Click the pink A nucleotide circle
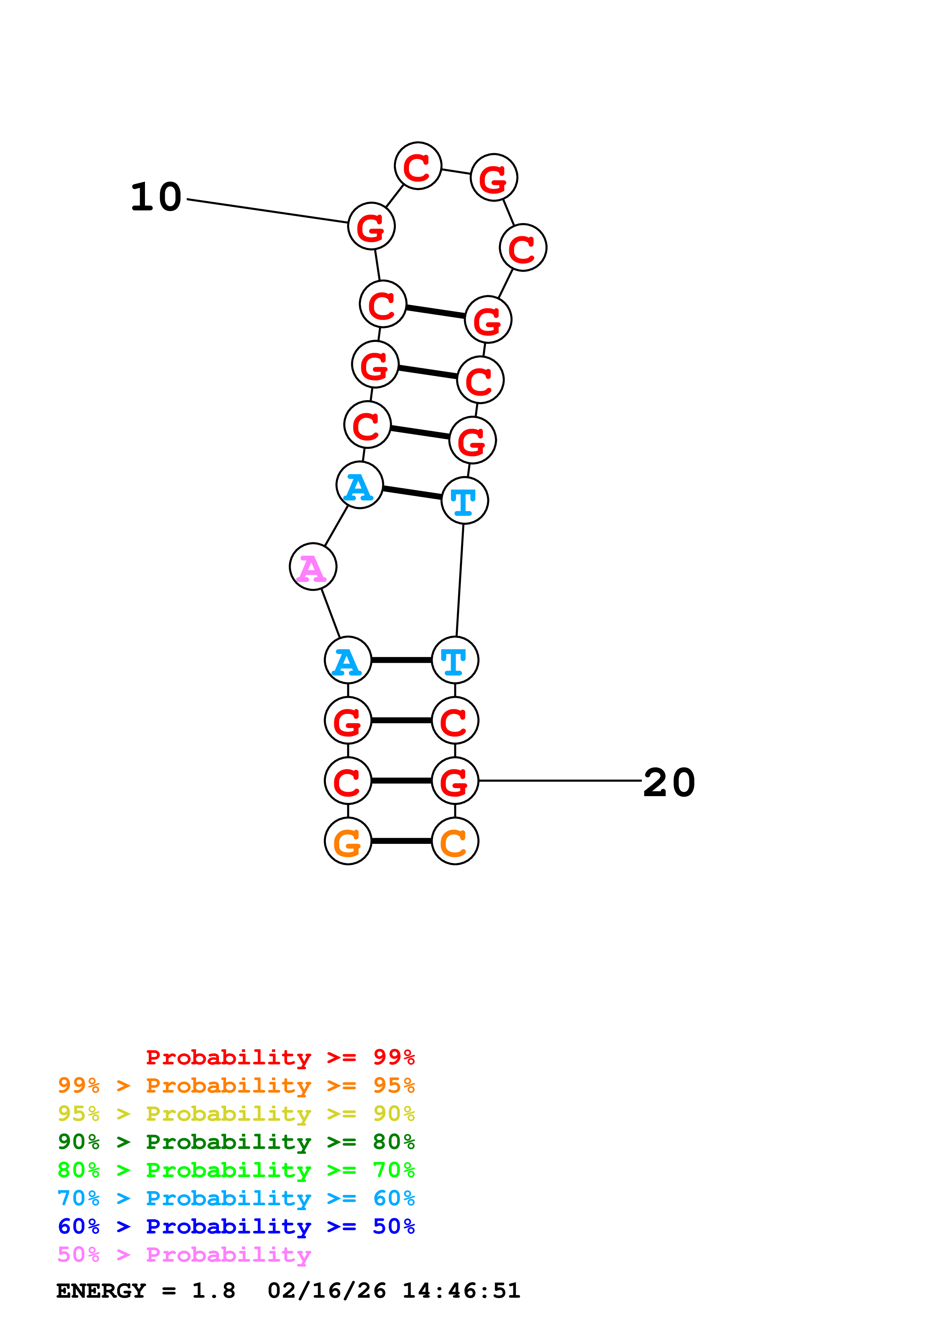pyautogui.click(x=312, y=567)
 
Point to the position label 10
pyautogui.click(x=156, y=197)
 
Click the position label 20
pyautogui.click(x=669, y=782)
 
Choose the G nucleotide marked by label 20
pyautogui.click(x=455, y=781)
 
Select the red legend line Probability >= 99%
pyautogui.click(x=280, y=1057)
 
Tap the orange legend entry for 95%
pyautogui.click(x=236, y=1085)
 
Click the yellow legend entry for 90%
pyautogui.click(x=236, y=1114)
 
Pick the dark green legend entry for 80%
pyautogui.click(x=236, y=1142)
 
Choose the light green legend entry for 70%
pyautogui.click(x=236, y=1170)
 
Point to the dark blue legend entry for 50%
pyautogui.click(x=236, y=1226)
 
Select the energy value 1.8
pyautogui.click(x=213, y=1291)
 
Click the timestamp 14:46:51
pyautogui.click(x=461, y=1291)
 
